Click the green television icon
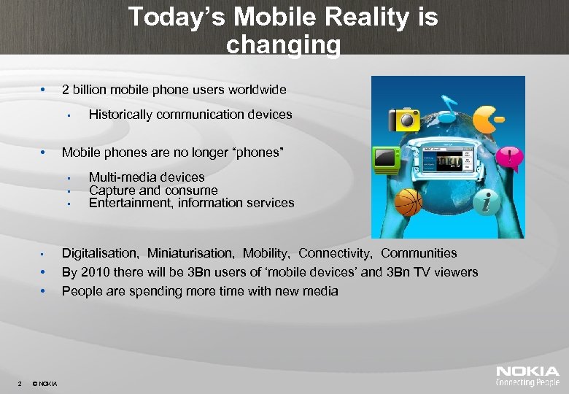pyautogui.click(x=386, y=158)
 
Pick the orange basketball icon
pyautogui.click(x=409, y=202)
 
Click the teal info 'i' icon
pyautogui.click(x=489, y=202)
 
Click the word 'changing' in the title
pyautogui.click(x=283, y=45)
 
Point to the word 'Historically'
pyautogui.click(x=121, y=115)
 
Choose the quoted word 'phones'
pyautogui.click(x=256, y=152)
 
